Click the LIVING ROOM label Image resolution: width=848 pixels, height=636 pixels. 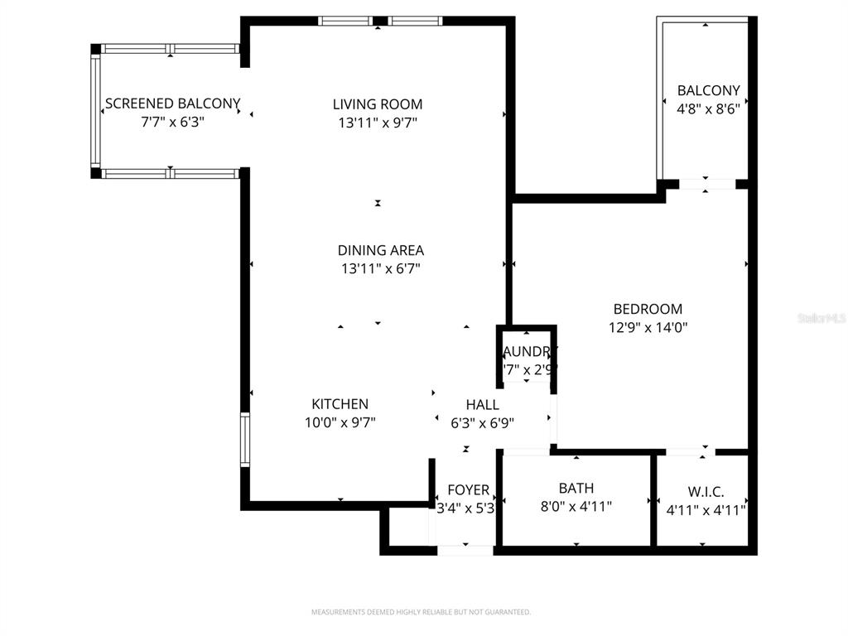click(x=378, y=104)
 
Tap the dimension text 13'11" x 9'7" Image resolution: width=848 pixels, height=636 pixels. click(x=378, y=123)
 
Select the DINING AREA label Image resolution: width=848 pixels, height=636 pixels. click(x=380, y=250)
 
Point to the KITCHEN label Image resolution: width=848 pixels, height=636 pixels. click(x=340, y=404)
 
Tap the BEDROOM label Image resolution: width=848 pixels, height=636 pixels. click(x=648, y=309)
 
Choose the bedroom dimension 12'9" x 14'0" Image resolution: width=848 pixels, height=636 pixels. click(x=648, y=327)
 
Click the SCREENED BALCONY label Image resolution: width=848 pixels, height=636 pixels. click(x=172, y=104)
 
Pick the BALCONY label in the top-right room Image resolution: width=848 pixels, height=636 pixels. click(x=708, y=90)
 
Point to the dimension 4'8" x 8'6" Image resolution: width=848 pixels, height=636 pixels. click(x=708, y=107)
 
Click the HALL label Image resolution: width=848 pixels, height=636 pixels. click(x=482, y=405)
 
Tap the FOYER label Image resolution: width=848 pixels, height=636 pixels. click(x=468, y=490)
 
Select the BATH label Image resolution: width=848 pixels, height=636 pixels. click(x=576, y=489)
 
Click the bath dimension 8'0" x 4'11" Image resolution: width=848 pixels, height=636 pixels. click(x=575, y=507)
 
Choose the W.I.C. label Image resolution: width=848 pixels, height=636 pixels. click(x=706, y=492)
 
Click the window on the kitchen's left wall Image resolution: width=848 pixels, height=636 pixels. click(x=245, y=439)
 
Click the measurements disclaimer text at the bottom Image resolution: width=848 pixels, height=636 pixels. click(x=421, y=612)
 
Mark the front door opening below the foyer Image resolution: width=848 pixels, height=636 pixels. click(x=465, y=549)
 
